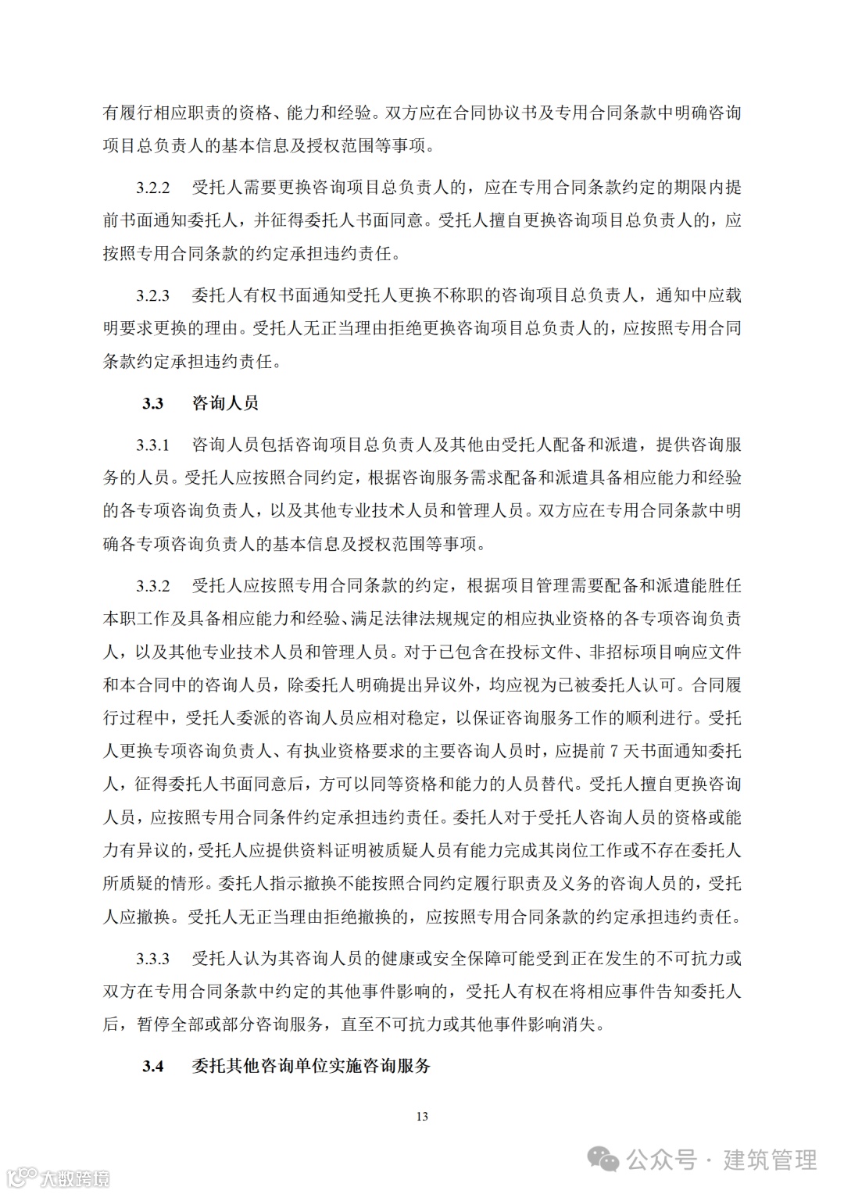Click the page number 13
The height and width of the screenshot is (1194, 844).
(422, 1117)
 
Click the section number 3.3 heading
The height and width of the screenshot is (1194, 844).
(152, 403)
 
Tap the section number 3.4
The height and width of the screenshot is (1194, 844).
(152, 1066)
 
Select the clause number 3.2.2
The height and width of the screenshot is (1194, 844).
(153, 188)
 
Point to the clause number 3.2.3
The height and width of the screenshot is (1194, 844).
(153, 295)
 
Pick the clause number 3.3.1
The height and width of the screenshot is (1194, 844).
(153, 445)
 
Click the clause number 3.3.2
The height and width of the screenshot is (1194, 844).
(153, 586)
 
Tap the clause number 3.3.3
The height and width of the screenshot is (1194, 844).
(153, 958)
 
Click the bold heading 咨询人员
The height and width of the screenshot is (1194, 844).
(225, 403)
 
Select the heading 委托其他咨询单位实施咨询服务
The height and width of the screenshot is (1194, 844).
(311, 1066)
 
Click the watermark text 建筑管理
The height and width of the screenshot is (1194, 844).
(770, 1160)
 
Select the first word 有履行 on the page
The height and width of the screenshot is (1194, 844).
(128, 113)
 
